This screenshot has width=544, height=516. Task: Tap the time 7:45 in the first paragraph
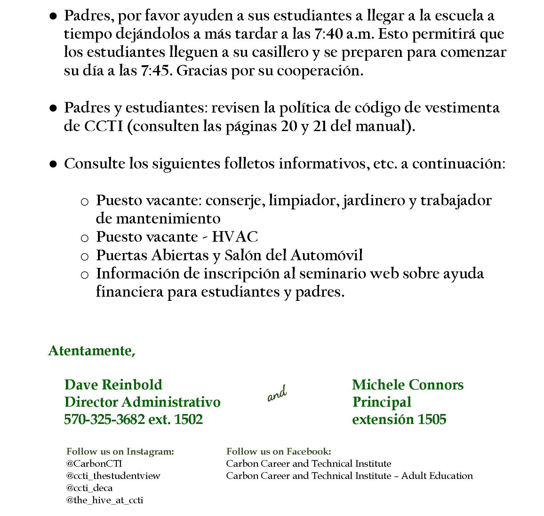(x=155, y=71)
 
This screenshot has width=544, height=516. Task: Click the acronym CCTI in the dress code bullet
(x=103, y=127)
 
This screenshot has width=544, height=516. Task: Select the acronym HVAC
(x=235, y=237)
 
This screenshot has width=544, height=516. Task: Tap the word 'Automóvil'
(x=327, y=255)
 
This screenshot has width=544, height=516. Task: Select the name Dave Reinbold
(x=113, y=385)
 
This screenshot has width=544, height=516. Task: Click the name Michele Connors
(x=408, y=385)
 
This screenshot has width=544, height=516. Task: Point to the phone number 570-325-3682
(x=104, y=419)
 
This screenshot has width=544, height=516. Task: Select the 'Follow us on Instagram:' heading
(x=120, y=451)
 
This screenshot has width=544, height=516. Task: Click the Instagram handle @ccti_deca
(x=89, y=488)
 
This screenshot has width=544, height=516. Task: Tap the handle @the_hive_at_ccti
(x=105, y=500)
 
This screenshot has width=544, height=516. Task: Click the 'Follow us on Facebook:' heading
(x=278, y=451)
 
